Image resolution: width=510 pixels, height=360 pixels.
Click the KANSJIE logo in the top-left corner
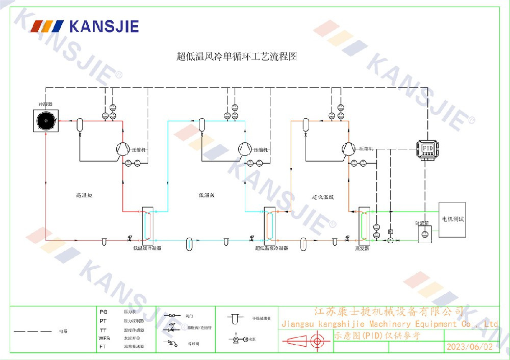click(x=85, y=26)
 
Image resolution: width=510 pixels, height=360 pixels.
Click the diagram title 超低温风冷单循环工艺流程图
click(x=237, y=57)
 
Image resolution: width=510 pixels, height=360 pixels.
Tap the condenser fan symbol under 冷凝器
click(x=46, y=120)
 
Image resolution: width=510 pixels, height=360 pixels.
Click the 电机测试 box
click(x=452, y=219)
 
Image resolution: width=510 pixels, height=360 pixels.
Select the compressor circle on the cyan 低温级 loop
click(x=245, y=148)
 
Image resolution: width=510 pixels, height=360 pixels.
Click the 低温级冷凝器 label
click(x=147, y=248)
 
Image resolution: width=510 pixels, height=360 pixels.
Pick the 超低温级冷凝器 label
click(x=271, y=248)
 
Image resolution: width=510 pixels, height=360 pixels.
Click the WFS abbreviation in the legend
click(x=104, y=338)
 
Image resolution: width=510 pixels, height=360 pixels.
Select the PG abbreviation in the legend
click(x=104, y=312)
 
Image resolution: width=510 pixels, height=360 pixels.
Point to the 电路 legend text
click(x=63, y=331)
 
